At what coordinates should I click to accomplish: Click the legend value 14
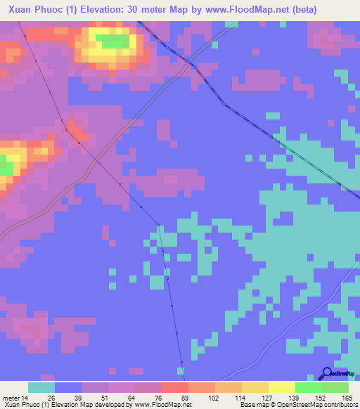(25, 398)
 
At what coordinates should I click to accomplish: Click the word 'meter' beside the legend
(10, 398)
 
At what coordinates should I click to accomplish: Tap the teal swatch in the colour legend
(41, 387)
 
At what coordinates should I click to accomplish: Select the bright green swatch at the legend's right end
(335, 387)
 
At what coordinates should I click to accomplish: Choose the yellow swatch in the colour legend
(282, 387)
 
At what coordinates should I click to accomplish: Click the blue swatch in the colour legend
(68, 387)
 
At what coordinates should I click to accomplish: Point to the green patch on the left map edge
(6, 168)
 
